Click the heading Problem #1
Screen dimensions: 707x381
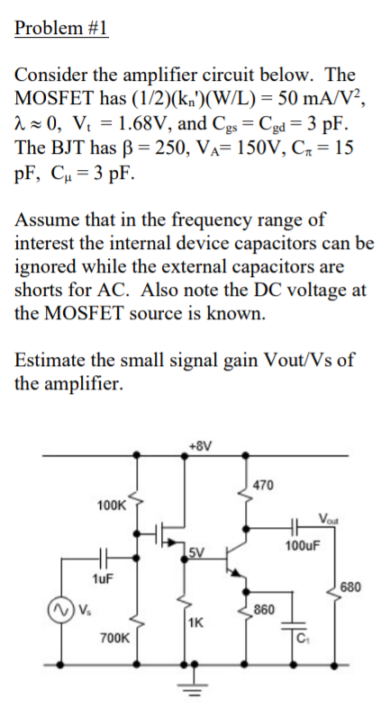[61, 28]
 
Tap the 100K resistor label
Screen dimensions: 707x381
[112, 506]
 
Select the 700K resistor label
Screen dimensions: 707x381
[113, 637]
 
